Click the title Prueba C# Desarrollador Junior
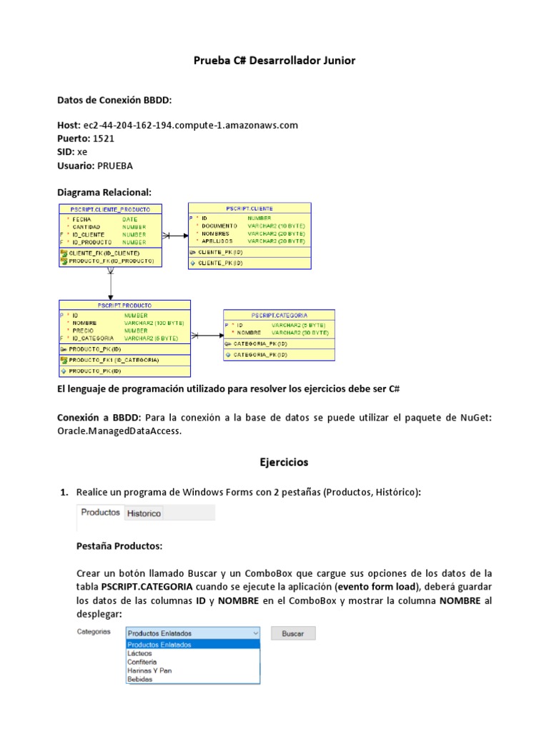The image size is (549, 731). click(x=274, y=61)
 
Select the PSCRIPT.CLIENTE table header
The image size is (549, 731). click(x=249, y=208)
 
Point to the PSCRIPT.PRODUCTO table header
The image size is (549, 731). click(x=124, y=305)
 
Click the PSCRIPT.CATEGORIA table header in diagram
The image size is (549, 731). click(x=280, y=315)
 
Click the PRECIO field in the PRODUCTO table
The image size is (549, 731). click(x=84, y=331)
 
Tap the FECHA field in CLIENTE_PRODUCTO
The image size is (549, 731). click(x=81, y=219)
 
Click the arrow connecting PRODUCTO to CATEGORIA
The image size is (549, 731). click(x=207, y=335)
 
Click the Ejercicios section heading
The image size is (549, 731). click(x=283, y=463)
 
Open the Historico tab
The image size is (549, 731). click(x=144, y=513)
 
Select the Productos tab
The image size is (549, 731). click(x=100, y=513)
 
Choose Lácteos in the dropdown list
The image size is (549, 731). click(x=140, y=653)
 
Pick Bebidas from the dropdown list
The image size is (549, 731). click(x=140, y=679)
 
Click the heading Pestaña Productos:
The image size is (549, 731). click(x=119, y=547)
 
